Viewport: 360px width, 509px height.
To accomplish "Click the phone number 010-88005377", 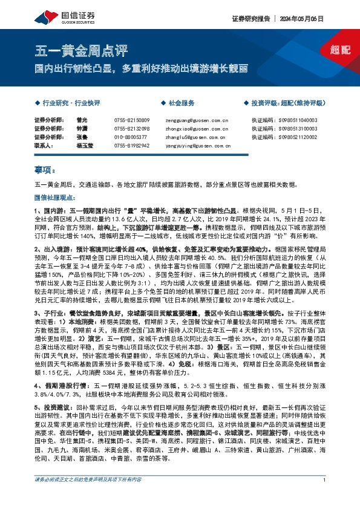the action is coord(130,137).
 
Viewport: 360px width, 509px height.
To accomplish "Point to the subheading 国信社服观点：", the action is coord(52,198).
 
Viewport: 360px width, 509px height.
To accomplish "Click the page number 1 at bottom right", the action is coord(325,497).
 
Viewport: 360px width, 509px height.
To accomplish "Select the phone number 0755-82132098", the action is coord(131,129).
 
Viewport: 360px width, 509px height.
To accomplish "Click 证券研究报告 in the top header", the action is coord(250,19).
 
